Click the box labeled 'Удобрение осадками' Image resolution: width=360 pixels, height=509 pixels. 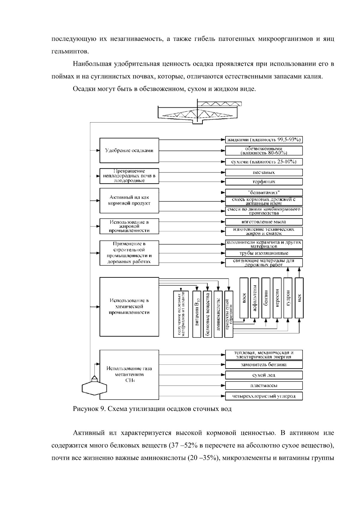click(x=129, y=151)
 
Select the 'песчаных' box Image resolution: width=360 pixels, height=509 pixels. click(x=264, y=172)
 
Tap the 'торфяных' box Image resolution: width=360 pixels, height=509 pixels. click(x=264, y=182)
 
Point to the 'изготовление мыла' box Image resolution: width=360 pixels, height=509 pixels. click(x=264, y=222)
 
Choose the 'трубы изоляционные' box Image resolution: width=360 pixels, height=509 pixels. click(x=264, y=253)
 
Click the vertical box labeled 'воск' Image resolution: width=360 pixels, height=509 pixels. click(x=244, y=298)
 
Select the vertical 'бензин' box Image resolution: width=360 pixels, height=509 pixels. click(x=266, y=298)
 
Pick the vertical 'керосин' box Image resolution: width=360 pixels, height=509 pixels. click(x=277, y=298)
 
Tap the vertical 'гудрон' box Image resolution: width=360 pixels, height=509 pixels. click(x=288, y=298)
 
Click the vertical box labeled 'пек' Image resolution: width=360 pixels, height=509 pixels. click(x=299, y=298)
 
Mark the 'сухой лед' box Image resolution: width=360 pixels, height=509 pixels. click(x=264, y=375)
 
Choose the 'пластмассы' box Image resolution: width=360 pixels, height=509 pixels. click(x=264, y=385)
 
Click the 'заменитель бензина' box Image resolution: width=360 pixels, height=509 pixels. click(x=264, y=365)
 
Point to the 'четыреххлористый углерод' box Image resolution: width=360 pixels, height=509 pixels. click(x=264, y=396)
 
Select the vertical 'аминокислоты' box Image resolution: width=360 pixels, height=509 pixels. click(x=218, y=314)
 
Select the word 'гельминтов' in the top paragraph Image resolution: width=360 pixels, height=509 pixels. click(x=66, y=51)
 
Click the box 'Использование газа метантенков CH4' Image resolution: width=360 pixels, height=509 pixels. click(x=129, y=375)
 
